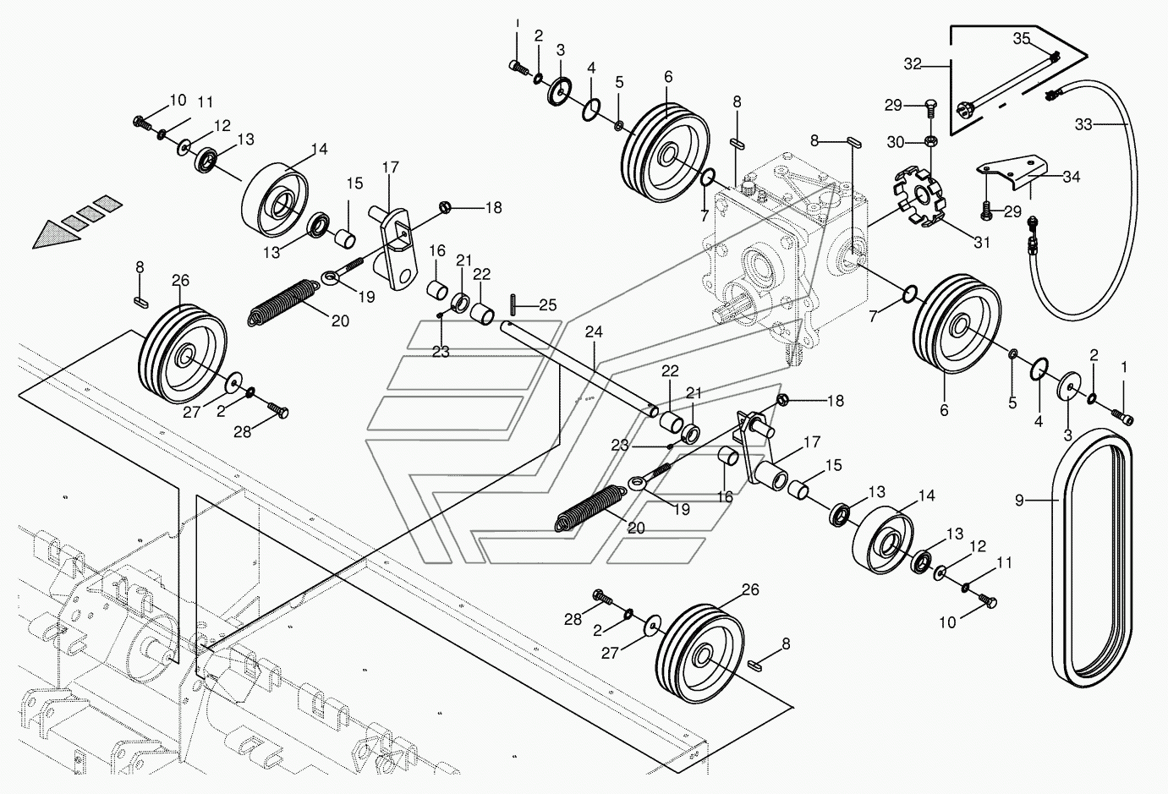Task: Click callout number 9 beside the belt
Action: tap(1019, 501)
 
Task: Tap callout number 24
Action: tap(594, 331)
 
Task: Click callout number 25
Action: tap(547, 304)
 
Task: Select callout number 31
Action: tap(982, 243)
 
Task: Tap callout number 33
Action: tap(1083, 124)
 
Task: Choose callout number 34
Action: tap(1072, 177)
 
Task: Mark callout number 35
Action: tap(1022, 39)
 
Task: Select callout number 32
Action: tap(913, 64)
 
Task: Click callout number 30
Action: tap(896, 142)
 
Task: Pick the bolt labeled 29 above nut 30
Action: tap(930, 108)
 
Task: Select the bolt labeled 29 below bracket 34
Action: tap(984, 210)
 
